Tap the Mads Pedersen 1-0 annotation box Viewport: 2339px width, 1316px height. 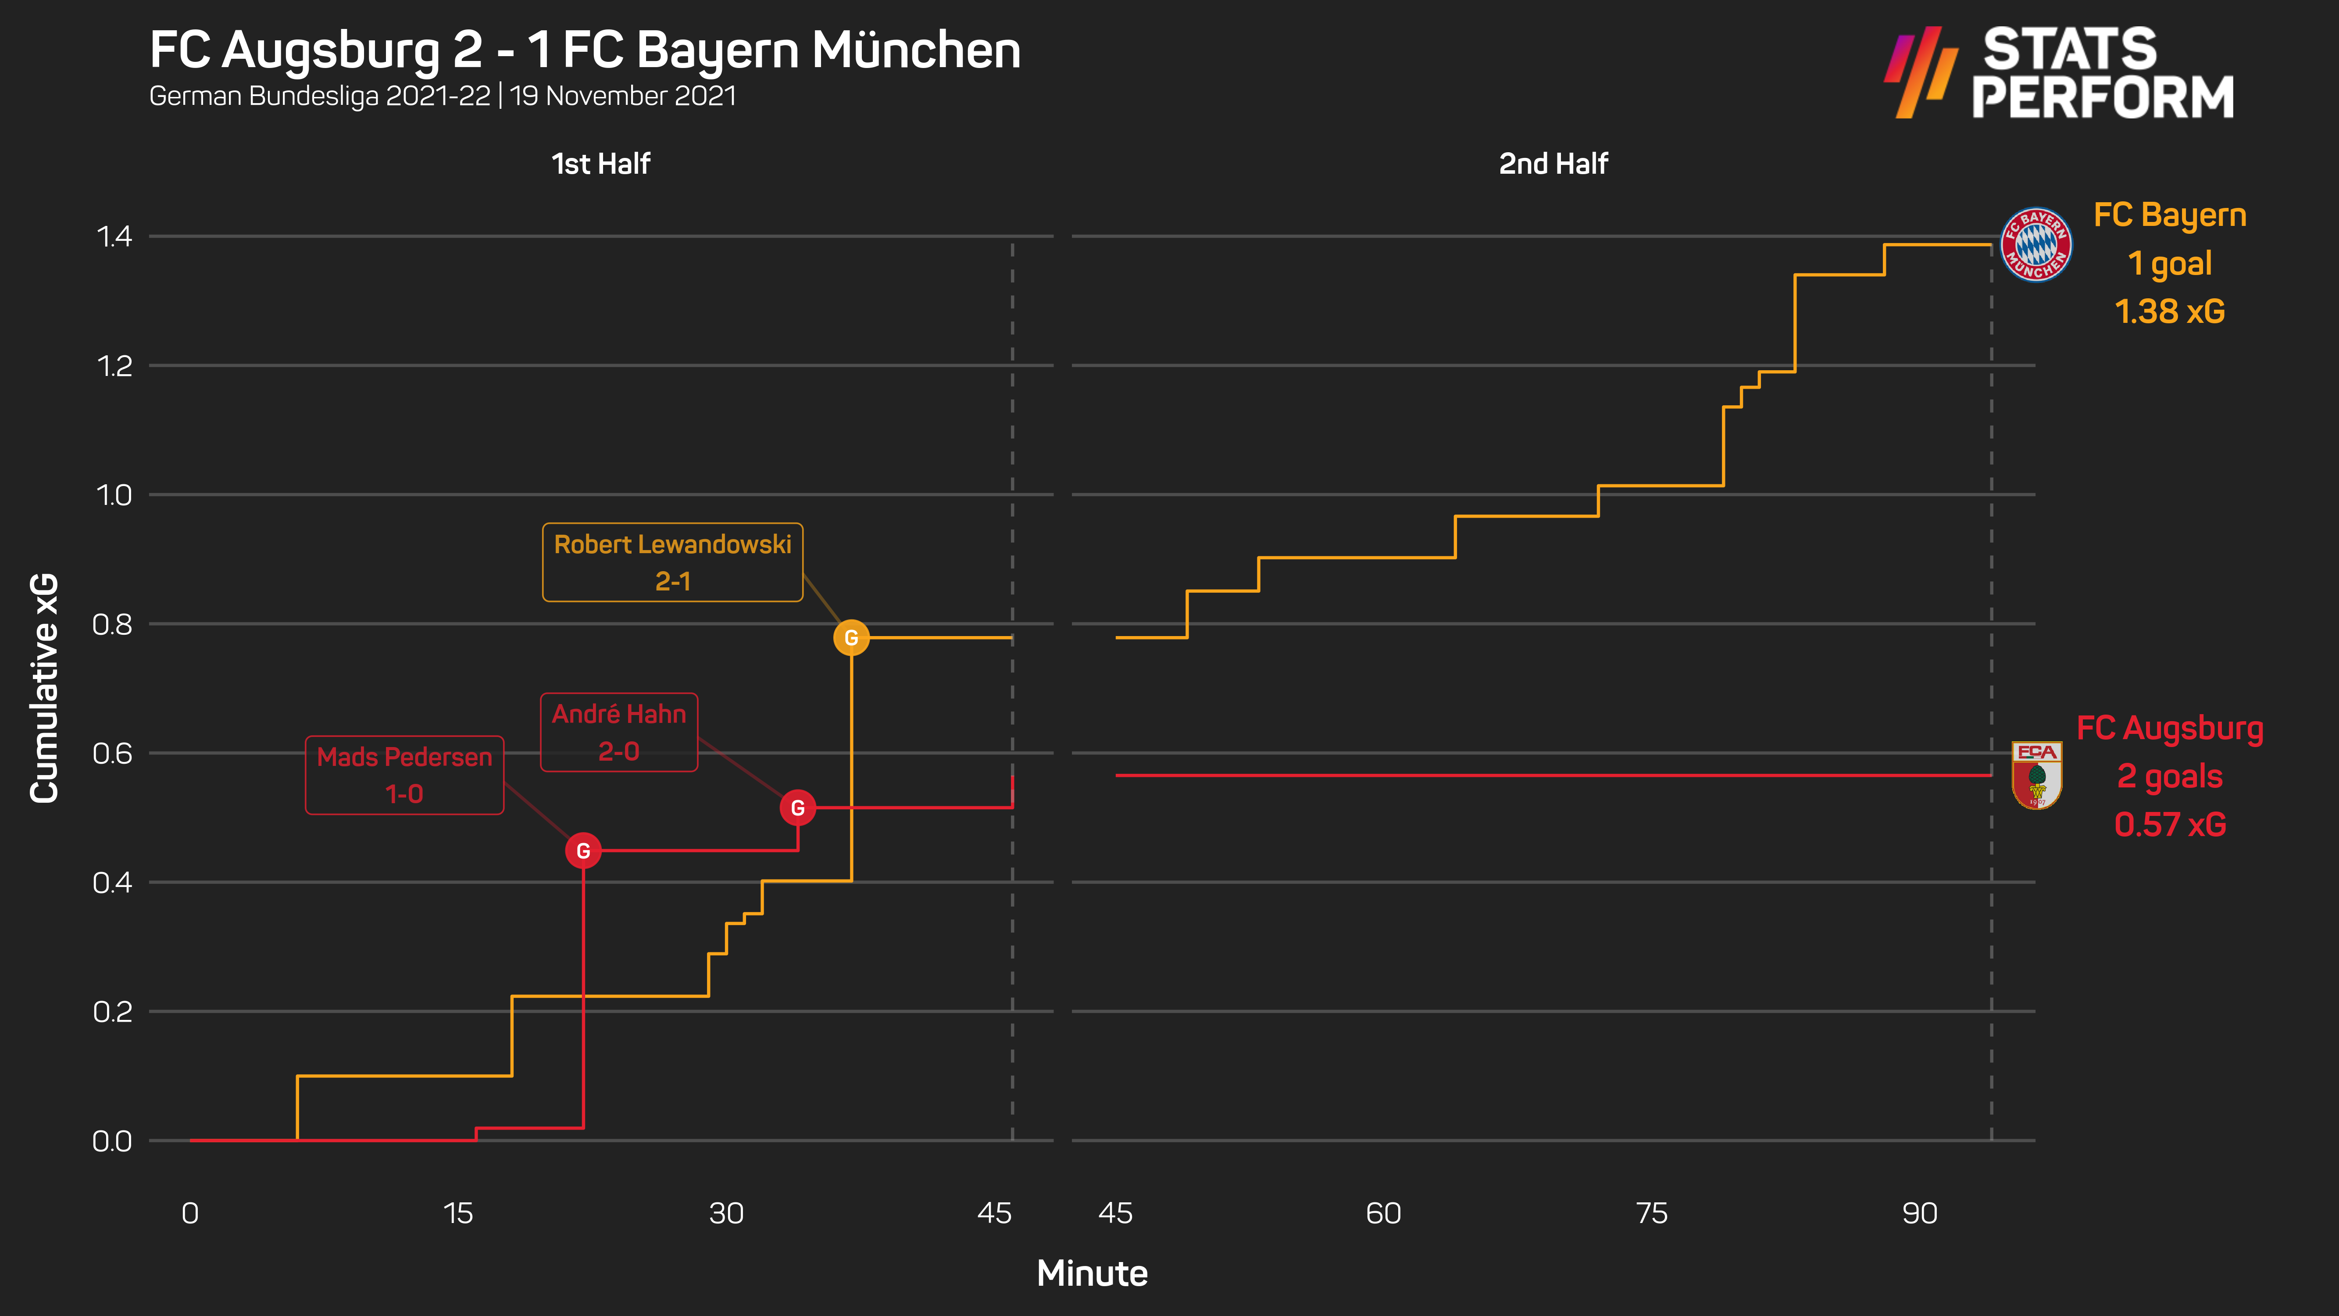tap(404, 775)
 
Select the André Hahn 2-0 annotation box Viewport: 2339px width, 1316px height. tap(618, 732)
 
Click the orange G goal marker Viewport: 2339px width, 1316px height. tap(851, 637)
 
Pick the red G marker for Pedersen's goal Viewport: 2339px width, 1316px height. tap(583, 851)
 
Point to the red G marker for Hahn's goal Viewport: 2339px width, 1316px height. tap(797, 808)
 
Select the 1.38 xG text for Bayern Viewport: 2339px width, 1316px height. tap(2169, 311)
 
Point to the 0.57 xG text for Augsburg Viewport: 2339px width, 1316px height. tap(2169, 825)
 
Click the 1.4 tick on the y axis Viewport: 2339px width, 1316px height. tap(114, 237)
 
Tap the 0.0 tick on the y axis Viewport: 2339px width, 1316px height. tap(113, 1141)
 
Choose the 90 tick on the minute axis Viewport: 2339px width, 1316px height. tap(1920, 1213)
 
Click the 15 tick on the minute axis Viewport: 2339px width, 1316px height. tap(457, 1213)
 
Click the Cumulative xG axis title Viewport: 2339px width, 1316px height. tap(43, 687)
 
